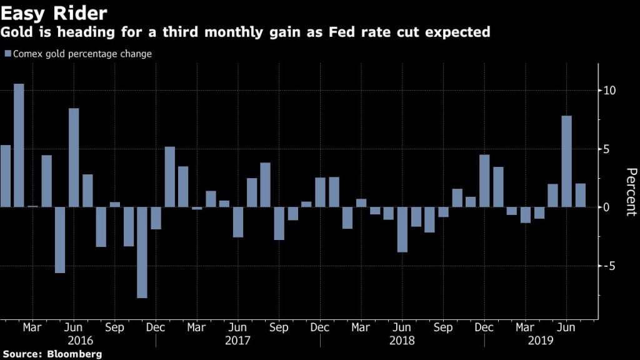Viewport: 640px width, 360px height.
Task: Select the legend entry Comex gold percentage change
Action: point(82,54)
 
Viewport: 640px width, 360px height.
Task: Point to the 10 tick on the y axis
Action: point(610,91)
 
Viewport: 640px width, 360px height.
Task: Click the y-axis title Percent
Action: point(631,192)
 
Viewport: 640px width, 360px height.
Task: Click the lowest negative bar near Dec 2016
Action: point(142,252)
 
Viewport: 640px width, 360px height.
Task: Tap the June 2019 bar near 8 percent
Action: point(566,161)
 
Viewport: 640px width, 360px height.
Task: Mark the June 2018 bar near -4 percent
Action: point(402,229)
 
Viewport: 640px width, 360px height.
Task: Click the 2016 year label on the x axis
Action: point(80,341)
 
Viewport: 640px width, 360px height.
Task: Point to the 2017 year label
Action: point(237,341)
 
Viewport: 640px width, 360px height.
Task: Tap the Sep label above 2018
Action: point(443,327)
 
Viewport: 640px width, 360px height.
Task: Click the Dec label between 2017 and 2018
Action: point(320,327)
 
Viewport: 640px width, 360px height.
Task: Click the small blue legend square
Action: point(7,54)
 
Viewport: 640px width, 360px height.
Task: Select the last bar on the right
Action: point(580,195)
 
